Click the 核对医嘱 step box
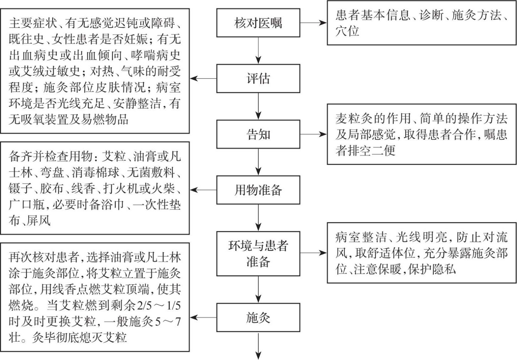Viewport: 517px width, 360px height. click(x=258, y=23)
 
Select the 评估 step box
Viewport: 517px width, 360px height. click(x=258, y=79)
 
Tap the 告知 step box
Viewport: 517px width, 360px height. click(x=258, y=134)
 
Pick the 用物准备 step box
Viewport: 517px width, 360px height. click(x=258, y=190)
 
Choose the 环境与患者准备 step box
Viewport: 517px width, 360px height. click(x=258, y=254)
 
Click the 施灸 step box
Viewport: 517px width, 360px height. click(x=258, y=318)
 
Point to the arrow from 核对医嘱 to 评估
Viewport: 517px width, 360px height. click(x=258, y=51)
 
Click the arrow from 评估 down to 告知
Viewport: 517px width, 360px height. click(x=258, y=106)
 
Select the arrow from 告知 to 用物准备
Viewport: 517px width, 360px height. click(x=258, y=162)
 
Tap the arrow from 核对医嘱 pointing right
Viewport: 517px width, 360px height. click(x=313, y=23)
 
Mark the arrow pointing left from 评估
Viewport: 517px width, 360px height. click(x=203, y=79)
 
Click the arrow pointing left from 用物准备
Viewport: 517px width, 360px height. click(x=203, y=190)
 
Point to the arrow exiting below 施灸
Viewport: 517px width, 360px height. click(x=258, y=346)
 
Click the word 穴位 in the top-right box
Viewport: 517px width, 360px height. click(x=347, y=31)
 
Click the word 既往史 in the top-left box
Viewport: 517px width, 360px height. click(x=26, y=39)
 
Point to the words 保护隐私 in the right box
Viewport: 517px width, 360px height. click(x=432, y=269)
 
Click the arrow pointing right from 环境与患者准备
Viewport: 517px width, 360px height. click(x=313, y=253)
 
